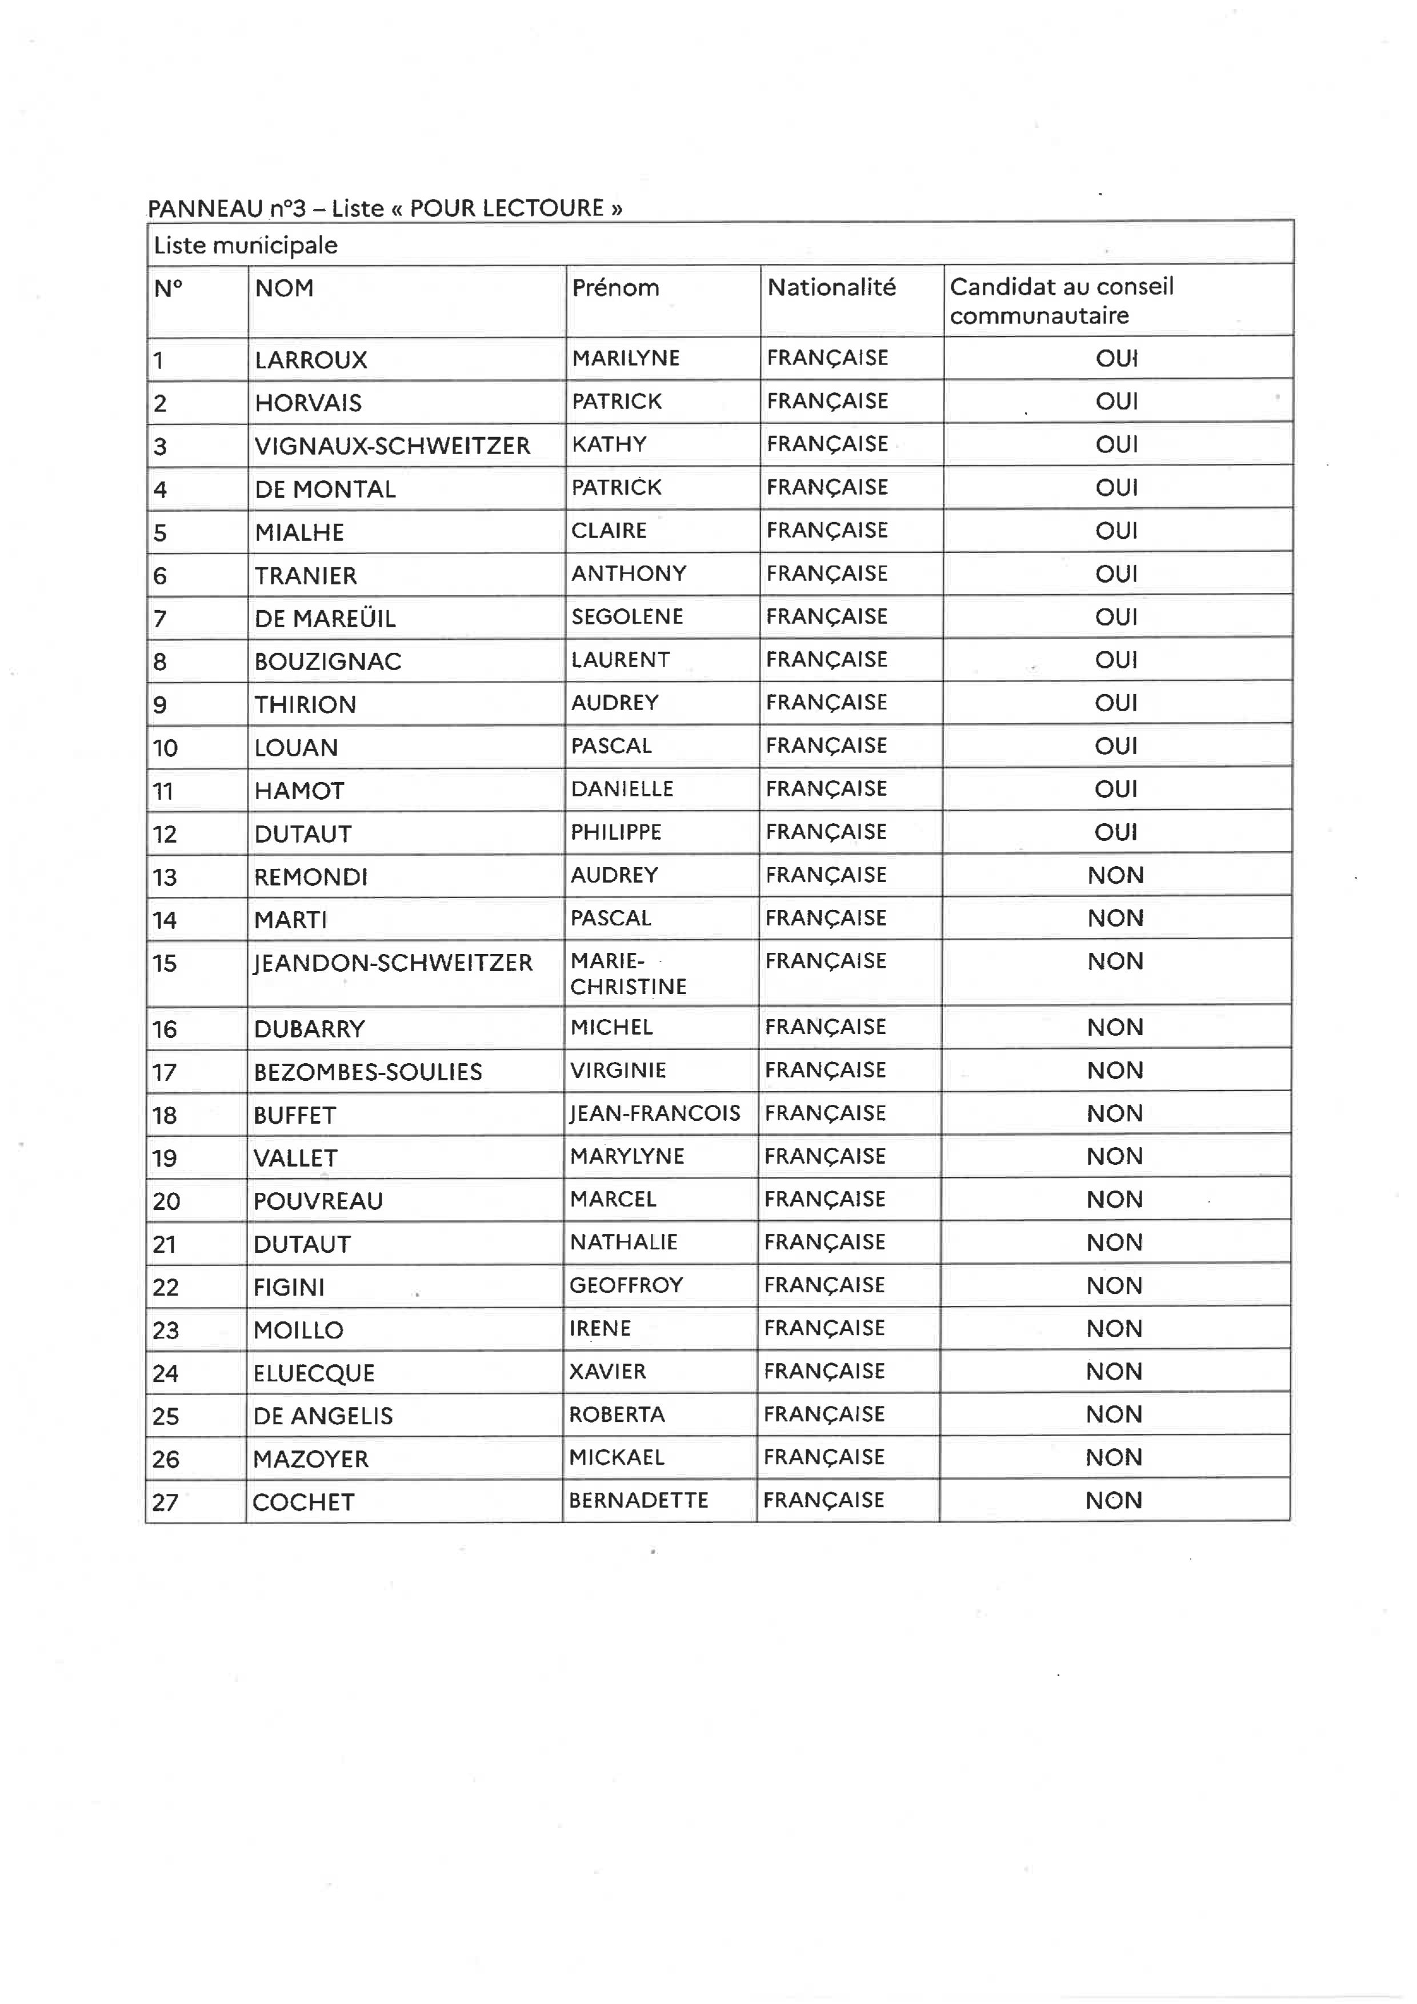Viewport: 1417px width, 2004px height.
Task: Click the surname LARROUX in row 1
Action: click(x=311, y=359)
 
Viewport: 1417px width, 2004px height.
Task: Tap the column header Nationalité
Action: click(x=831, y=287)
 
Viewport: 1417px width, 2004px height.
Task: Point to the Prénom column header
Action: click(x=615, y=287)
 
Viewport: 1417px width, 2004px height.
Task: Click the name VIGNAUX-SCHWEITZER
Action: click(x=392, y=446)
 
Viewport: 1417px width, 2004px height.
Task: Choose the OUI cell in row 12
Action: click(x=1116, y=832)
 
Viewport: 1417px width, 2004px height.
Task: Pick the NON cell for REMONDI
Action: click(x=1115, y=875)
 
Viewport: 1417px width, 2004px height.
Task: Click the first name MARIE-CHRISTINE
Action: click(x=628, y=973)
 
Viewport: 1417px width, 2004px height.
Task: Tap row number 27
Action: click(x=165, y=1502)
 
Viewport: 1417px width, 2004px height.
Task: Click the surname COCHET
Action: click(x=303, y=1502)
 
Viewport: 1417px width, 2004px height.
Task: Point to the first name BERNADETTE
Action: click(x=638, y=1500)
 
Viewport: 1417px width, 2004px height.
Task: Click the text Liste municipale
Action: click(x=245, y=245)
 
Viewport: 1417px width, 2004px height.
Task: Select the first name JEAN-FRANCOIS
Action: click(x=655, y=1113)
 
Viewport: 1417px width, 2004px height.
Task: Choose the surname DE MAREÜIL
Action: click(x=325, y=619)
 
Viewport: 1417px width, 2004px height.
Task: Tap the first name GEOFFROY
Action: click(x=626, y=1285)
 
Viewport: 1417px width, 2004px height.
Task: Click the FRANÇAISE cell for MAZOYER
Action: click(x=823, y=1457)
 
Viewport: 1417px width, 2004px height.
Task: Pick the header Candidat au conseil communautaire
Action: click(x=1062, y=300)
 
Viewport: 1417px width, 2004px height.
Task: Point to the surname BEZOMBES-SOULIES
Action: click(x=367, y=1072)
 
